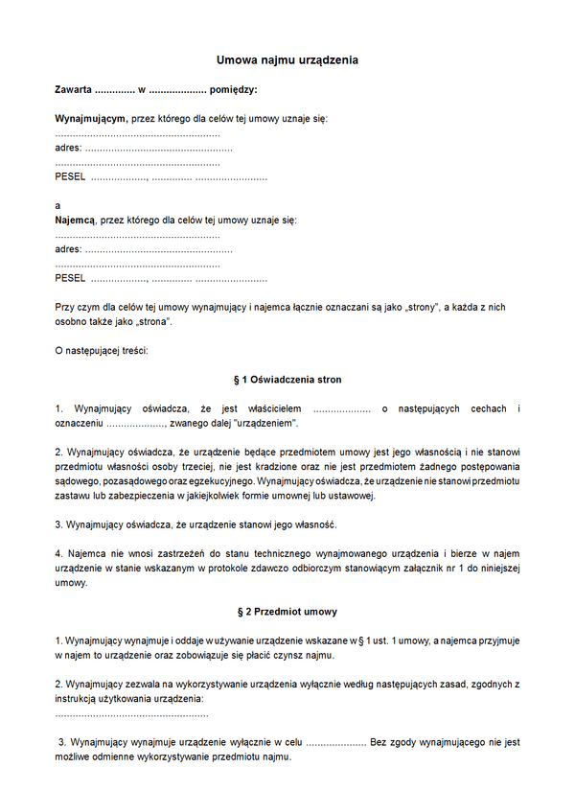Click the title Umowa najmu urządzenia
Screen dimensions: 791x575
pyautogui.click(x=287, y=60)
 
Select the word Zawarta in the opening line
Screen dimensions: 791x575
pyautogui.click(x=74, y=89)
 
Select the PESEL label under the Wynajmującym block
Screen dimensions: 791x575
pyautogui.click(x=70, y=177)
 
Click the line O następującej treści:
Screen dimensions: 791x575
pyautogui.click(x=102, y=350)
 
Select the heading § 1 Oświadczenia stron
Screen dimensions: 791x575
pyautogui.click(x=287, y=380)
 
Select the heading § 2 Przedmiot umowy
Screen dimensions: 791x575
pyautogui.click(x=287, y=611)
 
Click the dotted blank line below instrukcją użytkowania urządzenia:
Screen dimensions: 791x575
pyautogui.click(x=131, y=713)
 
